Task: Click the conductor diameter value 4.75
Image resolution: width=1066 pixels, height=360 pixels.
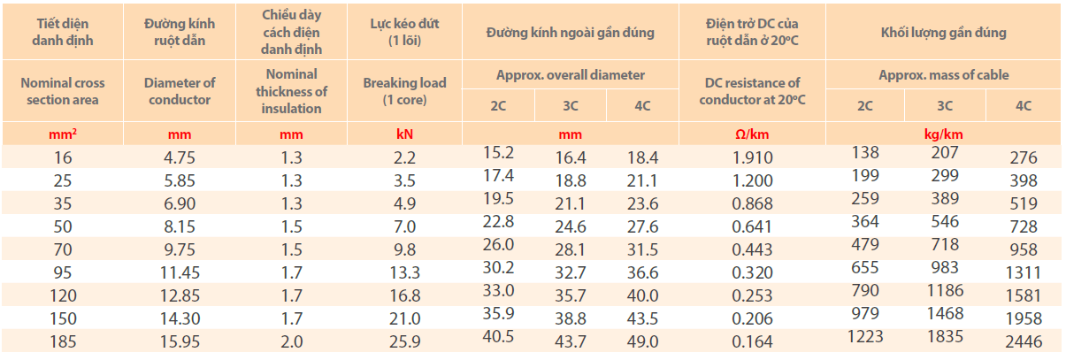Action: click(x=179, y=158)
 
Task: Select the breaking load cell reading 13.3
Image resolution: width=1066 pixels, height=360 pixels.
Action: click(x=404, y=273)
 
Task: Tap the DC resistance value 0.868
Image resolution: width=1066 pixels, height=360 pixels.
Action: click(x=752, y=204)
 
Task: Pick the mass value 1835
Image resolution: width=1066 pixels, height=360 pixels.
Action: click(x=945, y=336)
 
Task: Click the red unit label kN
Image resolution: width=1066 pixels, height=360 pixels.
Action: click(x=404, y=134)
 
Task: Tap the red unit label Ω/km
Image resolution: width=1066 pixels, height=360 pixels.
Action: click(x=752, y=134)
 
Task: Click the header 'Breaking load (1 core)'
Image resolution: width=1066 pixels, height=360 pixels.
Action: click(x=404, y=91)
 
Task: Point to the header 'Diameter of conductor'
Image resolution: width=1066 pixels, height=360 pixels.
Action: click(x=179, y=91)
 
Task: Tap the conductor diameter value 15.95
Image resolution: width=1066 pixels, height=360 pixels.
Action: click(x=179, y=341)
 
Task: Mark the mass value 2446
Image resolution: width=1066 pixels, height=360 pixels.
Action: click(x=1024, y=341)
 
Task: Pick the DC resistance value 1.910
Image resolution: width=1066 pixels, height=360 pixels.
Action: click(x=752, y=158)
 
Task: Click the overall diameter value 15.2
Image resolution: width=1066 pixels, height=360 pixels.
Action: click(x=498, y=152)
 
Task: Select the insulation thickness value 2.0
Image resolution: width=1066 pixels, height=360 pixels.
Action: click(x=292, y=341)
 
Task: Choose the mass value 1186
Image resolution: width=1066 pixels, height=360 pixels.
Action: click(x=945, y=290)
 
